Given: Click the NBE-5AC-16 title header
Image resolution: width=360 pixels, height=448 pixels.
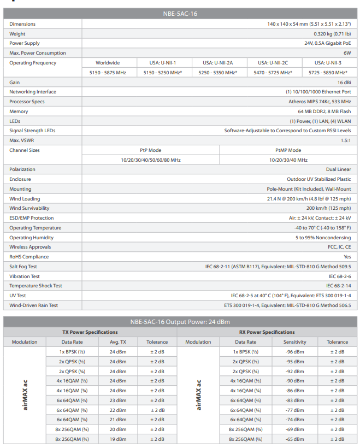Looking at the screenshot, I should click(180, 13).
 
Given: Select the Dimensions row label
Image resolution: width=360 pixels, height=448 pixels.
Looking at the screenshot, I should click(22, 24).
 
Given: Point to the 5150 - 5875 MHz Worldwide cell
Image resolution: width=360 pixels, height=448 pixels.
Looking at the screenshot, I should click(108, 73).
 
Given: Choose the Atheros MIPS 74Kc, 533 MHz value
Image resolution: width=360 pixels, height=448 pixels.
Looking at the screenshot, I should click(320, 102).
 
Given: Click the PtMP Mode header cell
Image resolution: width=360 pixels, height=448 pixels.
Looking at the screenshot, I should click(288, 150).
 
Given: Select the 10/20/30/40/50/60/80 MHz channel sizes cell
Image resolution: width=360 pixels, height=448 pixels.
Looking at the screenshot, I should click(151, 160).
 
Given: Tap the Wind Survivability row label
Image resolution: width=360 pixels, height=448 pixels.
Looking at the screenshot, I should click(29, 208).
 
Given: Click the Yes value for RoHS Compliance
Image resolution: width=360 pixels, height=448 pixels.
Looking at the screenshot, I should click(347, 257).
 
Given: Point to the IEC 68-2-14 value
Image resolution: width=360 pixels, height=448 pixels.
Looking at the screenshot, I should click(339, 286).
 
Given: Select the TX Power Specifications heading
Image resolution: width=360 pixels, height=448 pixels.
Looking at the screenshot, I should click(90, 332).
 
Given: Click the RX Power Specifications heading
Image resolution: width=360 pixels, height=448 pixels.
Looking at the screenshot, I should click(267, 332).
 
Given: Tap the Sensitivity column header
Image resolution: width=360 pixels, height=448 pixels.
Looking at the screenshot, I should click(295, 342).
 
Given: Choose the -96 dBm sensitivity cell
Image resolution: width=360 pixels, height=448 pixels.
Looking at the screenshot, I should click(295, 352).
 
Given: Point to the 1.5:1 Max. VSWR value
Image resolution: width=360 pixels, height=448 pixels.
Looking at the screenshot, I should click(345, 140).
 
